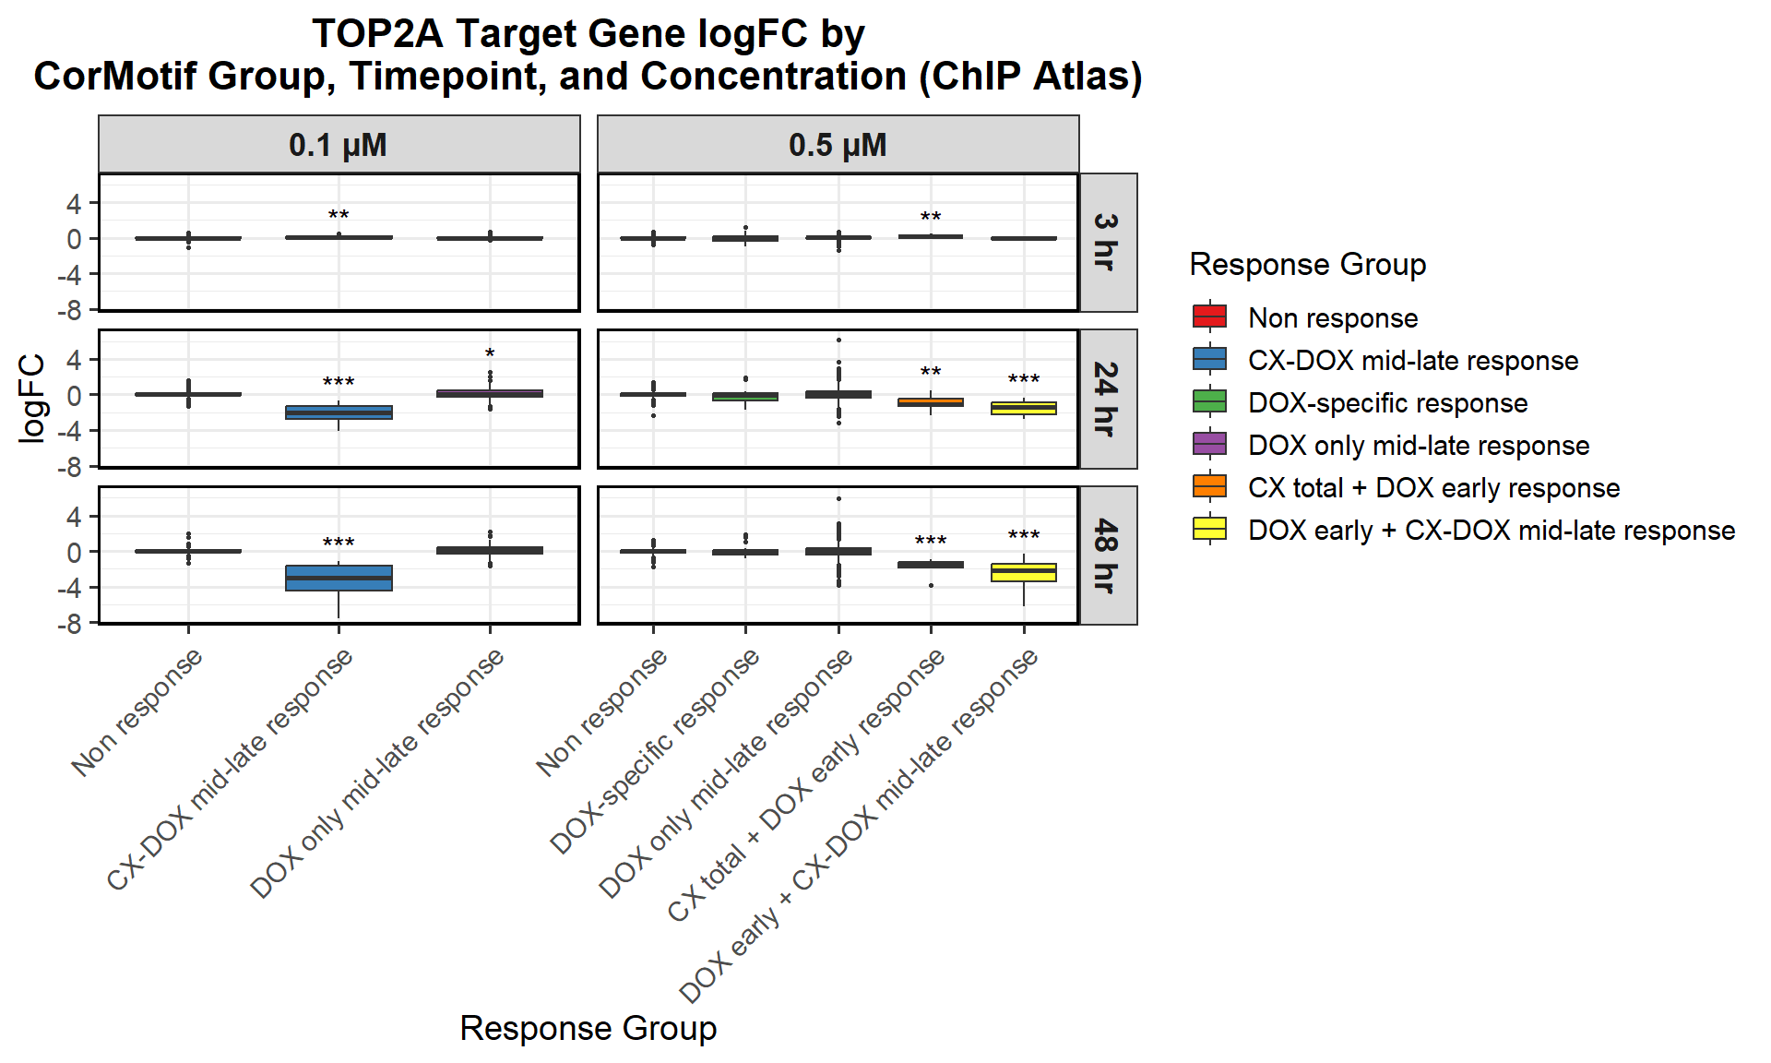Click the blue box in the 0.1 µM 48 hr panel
pyautogui.click(x=339, y=578)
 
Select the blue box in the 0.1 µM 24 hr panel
pyautogui.click(x=339, y=412)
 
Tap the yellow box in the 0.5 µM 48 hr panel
pyautogui.click(x=1024, y=572)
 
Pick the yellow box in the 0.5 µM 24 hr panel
pyautogui.click(x=1024, y=408)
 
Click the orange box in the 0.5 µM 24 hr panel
pyautogui.click(x=931, y=402)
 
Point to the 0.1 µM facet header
pyautogui.click(x=339, y=145)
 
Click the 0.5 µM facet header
pyautogui.click(x=838, y=145)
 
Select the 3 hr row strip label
pyautogui.click(x=1108, y=242)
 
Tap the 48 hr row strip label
pyautogui.click(x=1108, y=555)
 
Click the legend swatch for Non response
pyautogui.click(x=1209, y=317)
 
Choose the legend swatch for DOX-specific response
pyautogui.click(x=1209, y=401)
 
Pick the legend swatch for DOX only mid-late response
pyautogui.click(x=1209, y=444)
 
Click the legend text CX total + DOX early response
pyautogui.click(x=1433, y=488)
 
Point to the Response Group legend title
pyautogui.click(x=1308, y=265)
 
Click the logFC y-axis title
pyautogui.click(x=31, y=399)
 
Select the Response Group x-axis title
pyautogui.click(x=588, y=1028)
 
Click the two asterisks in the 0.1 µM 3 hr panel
pyautogui.click(x=339, y=216)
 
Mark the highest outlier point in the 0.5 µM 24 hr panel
pyautogui.click(x=838, y=340)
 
